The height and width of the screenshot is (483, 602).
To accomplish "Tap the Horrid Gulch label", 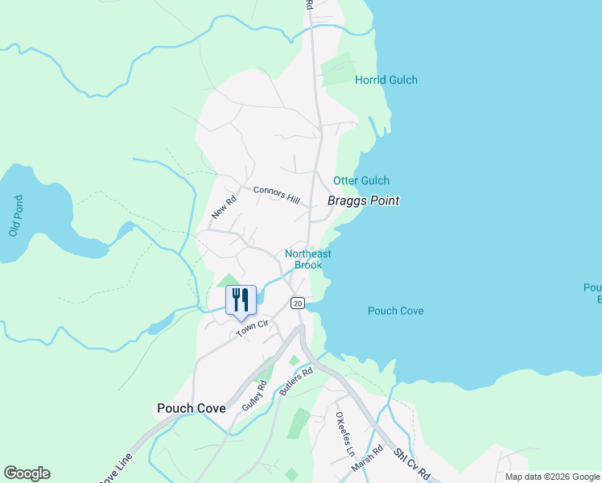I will pos(386,80).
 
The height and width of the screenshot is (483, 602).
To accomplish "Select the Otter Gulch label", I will pos(361,181).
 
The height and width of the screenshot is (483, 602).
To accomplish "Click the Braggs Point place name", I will pos(363,200).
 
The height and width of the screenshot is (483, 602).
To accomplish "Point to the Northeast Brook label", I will pos(307,259).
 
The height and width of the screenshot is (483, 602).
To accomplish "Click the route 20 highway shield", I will pos(298,303).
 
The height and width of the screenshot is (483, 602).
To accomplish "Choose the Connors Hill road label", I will pos(276,195).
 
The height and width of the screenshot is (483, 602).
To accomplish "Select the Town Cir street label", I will pos(250,328).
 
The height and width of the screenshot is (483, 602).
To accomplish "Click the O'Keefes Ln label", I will pos(344,432).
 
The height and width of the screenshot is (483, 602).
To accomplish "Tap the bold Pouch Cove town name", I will pos(191,408).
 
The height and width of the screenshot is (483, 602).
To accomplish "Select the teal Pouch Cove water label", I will pos(395,311).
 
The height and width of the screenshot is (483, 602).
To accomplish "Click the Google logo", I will pos(27,473).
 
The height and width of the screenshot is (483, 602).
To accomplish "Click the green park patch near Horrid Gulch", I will pos(337,69).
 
